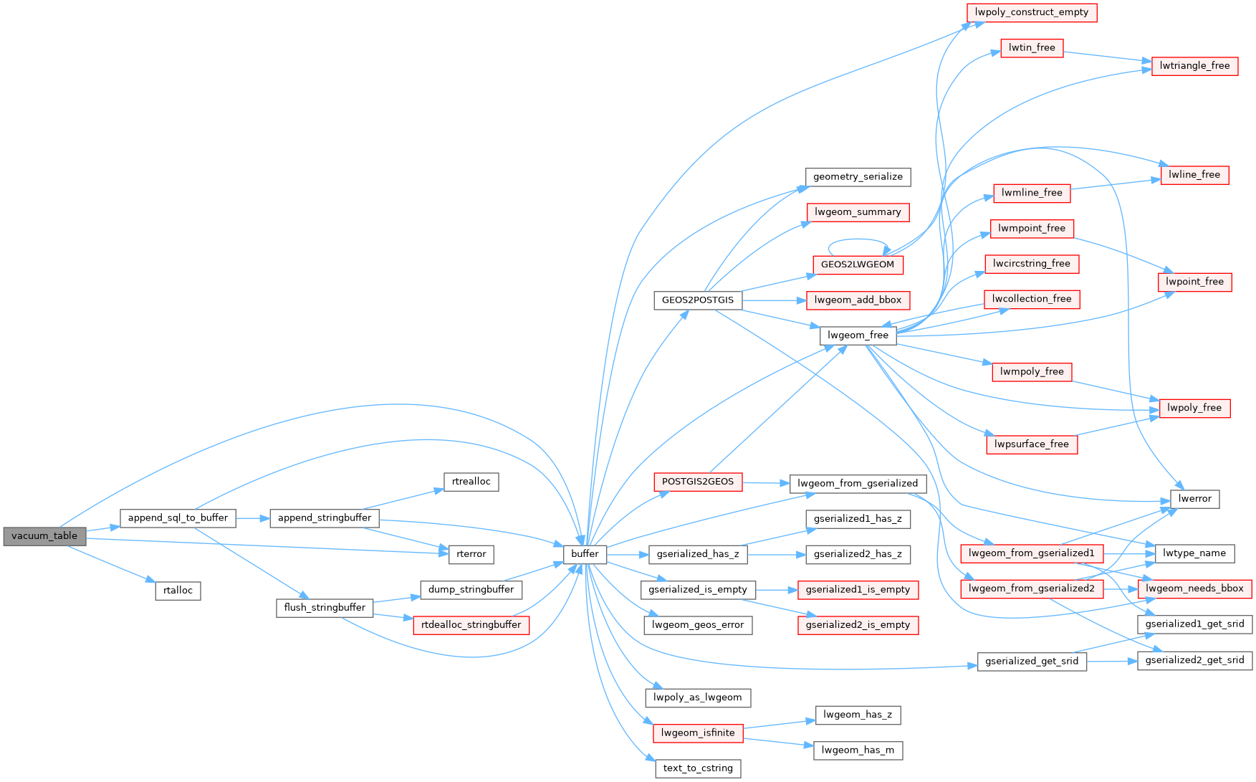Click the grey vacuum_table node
tap(44, 536)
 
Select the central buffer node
tap(585, 554)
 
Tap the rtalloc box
tap(178, 591)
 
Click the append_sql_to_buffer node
tap(178, 518)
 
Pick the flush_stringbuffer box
tap(325, 608)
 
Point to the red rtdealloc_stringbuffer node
tap(471, 625)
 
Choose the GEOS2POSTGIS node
tap(697, 300)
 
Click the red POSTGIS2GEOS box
tap(697, 482)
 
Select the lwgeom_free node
tap(858, 335)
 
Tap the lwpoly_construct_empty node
tap(1031, 12)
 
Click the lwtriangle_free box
tap(1194, 66)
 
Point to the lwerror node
tap(1194, 499)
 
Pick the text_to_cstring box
tap(698, 768)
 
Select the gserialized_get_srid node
tap(1031, 662)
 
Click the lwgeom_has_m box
tap(858, 750)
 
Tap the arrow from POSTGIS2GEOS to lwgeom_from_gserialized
tap(766, 483)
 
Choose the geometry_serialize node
tap(858, 177)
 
